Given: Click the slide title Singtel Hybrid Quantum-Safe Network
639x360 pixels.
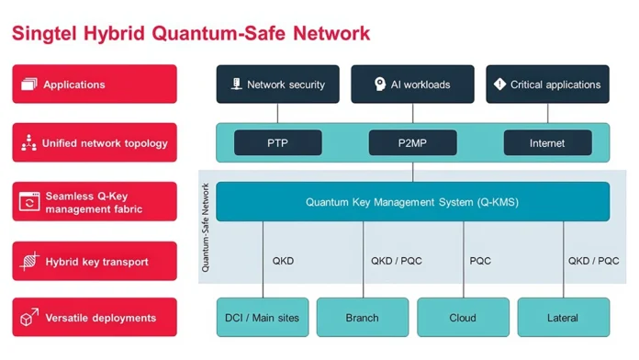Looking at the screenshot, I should click(191, 34).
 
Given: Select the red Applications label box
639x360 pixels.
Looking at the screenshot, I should click(95, 84).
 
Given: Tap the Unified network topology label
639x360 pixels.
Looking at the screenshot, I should click(95, 143).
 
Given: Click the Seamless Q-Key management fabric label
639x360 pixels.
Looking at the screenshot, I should click(95, 202).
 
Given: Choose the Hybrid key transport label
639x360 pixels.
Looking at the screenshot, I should click(95, 262).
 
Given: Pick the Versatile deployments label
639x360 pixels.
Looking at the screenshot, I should click(95, 318).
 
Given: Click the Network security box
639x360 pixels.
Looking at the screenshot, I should click(278, 84).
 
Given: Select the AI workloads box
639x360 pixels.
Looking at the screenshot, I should click(412, 84).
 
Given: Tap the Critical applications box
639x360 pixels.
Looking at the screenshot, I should click(547, 84).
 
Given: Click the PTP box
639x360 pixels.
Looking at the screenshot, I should click(278, 143).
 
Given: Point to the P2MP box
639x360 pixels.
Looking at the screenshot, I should click(412, 143).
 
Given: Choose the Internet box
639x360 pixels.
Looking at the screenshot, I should click(547, 143).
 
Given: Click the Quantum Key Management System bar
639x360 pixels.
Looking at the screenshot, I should click(412, 202).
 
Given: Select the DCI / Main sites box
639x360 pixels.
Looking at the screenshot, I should click(263, 318).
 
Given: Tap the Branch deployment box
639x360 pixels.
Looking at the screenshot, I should click(363, 318).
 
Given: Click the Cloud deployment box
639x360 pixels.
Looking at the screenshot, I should click(463, 318).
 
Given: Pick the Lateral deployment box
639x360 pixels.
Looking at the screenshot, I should click(563, 318).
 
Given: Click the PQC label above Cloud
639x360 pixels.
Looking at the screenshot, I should click(480, 261).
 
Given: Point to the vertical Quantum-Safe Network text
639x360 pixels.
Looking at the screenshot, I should click(206, 227).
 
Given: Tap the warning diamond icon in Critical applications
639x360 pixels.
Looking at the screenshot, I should click(499, 84).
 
